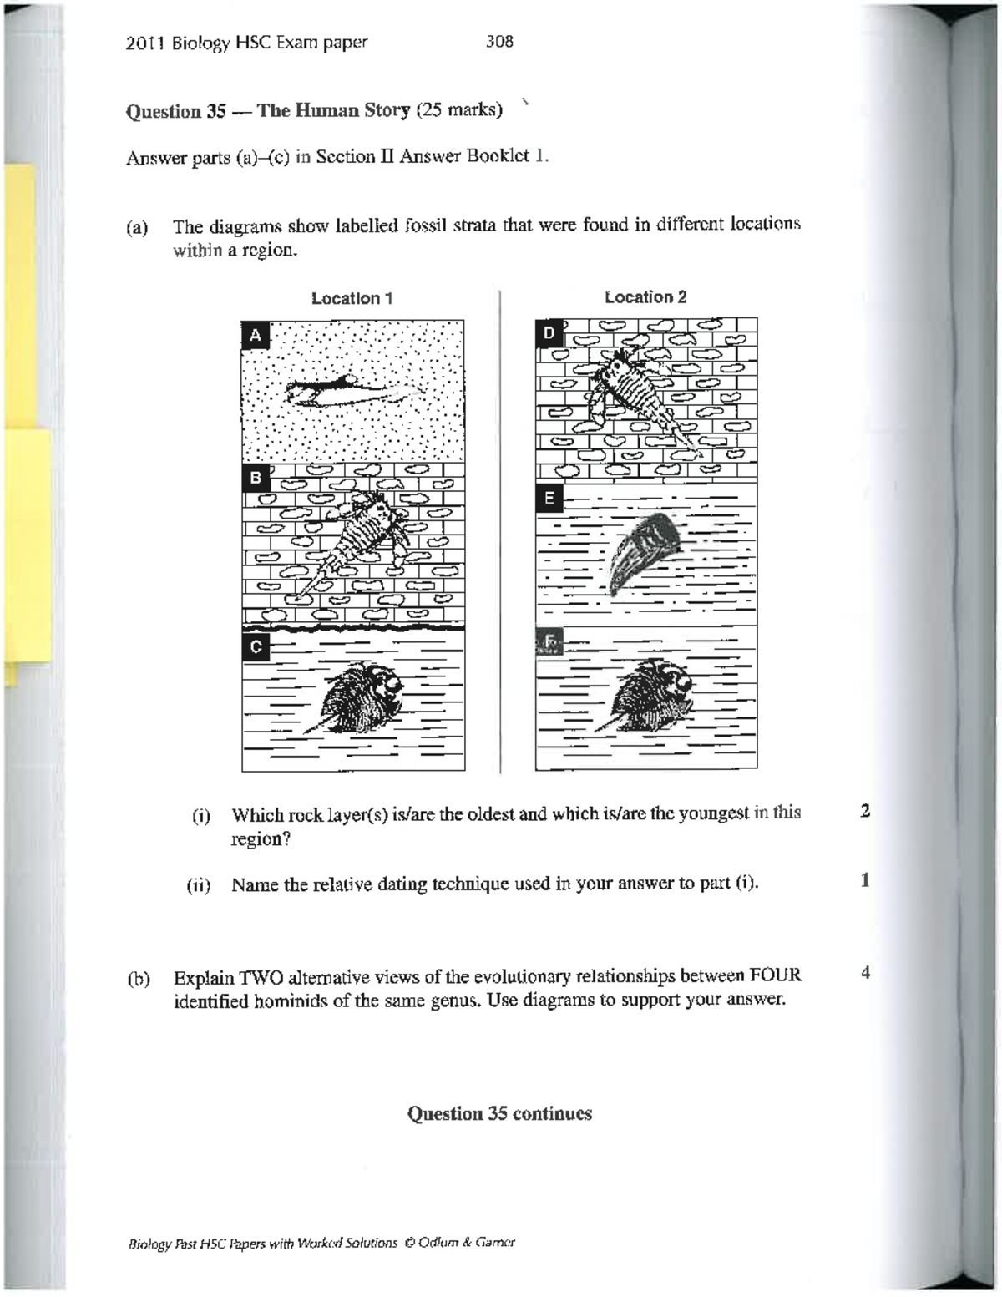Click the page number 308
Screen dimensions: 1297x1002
[499, 41]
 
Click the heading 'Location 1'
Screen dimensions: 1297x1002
[352, 298]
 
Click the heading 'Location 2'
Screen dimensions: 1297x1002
[645, 297]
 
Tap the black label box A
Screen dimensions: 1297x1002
[256, 336]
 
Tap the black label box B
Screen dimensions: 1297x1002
[256, 478]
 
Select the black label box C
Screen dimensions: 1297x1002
[256, 646]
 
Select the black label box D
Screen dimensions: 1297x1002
[549, 332]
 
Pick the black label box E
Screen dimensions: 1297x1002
[549, 499]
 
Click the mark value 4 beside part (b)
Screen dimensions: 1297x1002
[865, 973]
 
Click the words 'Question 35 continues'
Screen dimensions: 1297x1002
[499, 1113]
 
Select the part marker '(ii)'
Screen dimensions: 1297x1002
[198, 885]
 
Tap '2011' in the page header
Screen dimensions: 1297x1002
[145, 43]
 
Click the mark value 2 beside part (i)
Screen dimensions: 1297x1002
[865, 811]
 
